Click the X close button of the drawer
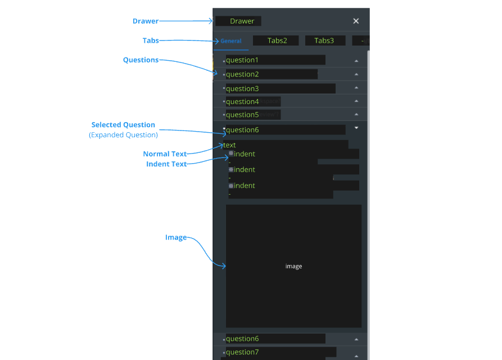click(356, 21)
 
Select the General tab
click(231, 41)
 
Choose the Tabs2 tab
click(277, 40)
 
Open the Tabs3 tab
click(324, 40)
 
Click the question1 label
click(242, 60)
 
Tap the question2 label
click(242, 74)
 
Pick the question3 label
click(242, 89)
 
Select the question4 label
click(242, 102)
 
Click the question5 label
click(242, 115)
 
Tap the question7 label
click(242, 352)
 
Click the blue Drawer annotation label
click(146, 21)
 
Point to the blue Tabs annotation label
click(151, 40)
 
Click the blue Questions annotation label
click(141, 60)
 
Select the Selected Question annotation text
click(123, 125)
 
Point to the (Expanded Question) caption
click(123, 135)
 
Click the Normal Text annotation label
click(165, 154)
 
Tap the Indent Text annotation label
click(166, 164)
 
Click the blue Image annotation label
click(175, 237)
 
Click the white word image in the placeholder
click(293, 267)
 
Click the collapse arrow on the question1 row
click(356, 60)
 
